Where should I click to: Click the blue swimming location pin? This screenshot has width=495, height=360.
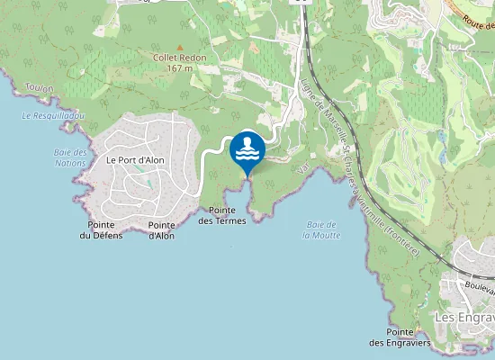(x=247, y=148)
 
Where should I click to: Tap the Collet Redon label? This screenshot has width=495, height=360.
(x=179, y=58)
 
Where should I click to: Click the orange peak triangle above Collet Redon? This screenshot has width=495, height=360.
(x=179, y=48)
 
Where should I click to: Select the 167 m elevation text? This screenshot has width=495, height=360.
(x=179, y=67)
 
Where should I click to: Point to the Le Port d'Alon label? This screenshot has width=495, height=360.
(x=135, y=159)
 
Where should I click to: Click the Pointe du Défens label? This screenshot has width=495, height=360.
(x=100, y=230)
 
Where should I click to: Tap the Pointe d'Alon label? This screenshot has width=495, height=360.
(x=161, y=230)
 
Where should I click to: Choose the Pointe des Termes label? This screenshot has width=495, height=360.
(x=221, y=215)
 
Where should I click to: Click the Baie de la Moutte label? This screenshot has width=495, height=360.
(x=321, y=229)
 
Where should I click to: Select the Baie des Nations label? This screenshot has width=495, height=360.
(x=69, y=157)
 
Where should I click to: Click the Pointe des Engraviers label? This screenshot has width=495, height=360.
(x=400, y=337)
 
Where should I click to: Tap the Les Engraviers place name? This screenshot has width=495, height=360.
(x=464, y=318)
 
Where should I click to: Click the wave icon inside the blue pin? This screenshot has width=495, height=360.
(x=247, y=154)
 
